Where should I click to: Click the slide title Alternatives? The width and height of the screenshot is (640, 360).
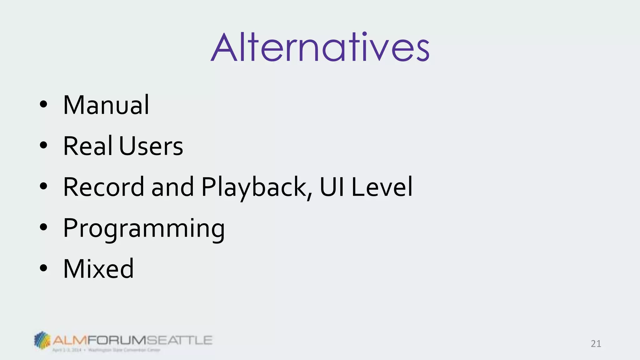[x=320, y=48]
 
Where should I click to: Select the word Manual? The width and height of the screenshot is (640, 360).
[x=106, y=105]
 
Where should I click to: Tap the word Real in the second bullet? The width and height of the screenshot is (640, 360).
[x=87, y=146]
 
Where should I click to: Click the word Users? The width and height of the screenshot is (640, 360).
[x=151, y=146]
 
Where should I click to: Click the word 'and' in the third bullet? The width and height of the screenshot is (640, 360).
[x=172, y=187]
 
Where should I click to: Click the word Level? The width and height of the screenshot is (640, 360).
[x=382, y=187]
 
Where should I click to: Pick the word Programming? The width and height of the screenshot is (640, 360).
[x=144, y=229]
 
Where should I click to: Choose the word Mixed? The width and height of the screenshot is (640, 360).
[x=98, y=269]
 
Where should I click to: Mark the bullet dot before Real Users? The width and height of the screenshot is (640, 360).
[x=43, y=145]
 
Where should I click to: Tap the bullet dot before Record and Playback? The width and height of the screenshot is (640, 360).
[x=43, y=186]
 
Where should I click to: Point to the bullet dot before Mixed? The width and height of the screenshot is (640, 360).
[x=43, y=268]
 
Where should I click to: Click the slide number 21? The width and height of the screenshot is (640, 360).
[x=596, y=344]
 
